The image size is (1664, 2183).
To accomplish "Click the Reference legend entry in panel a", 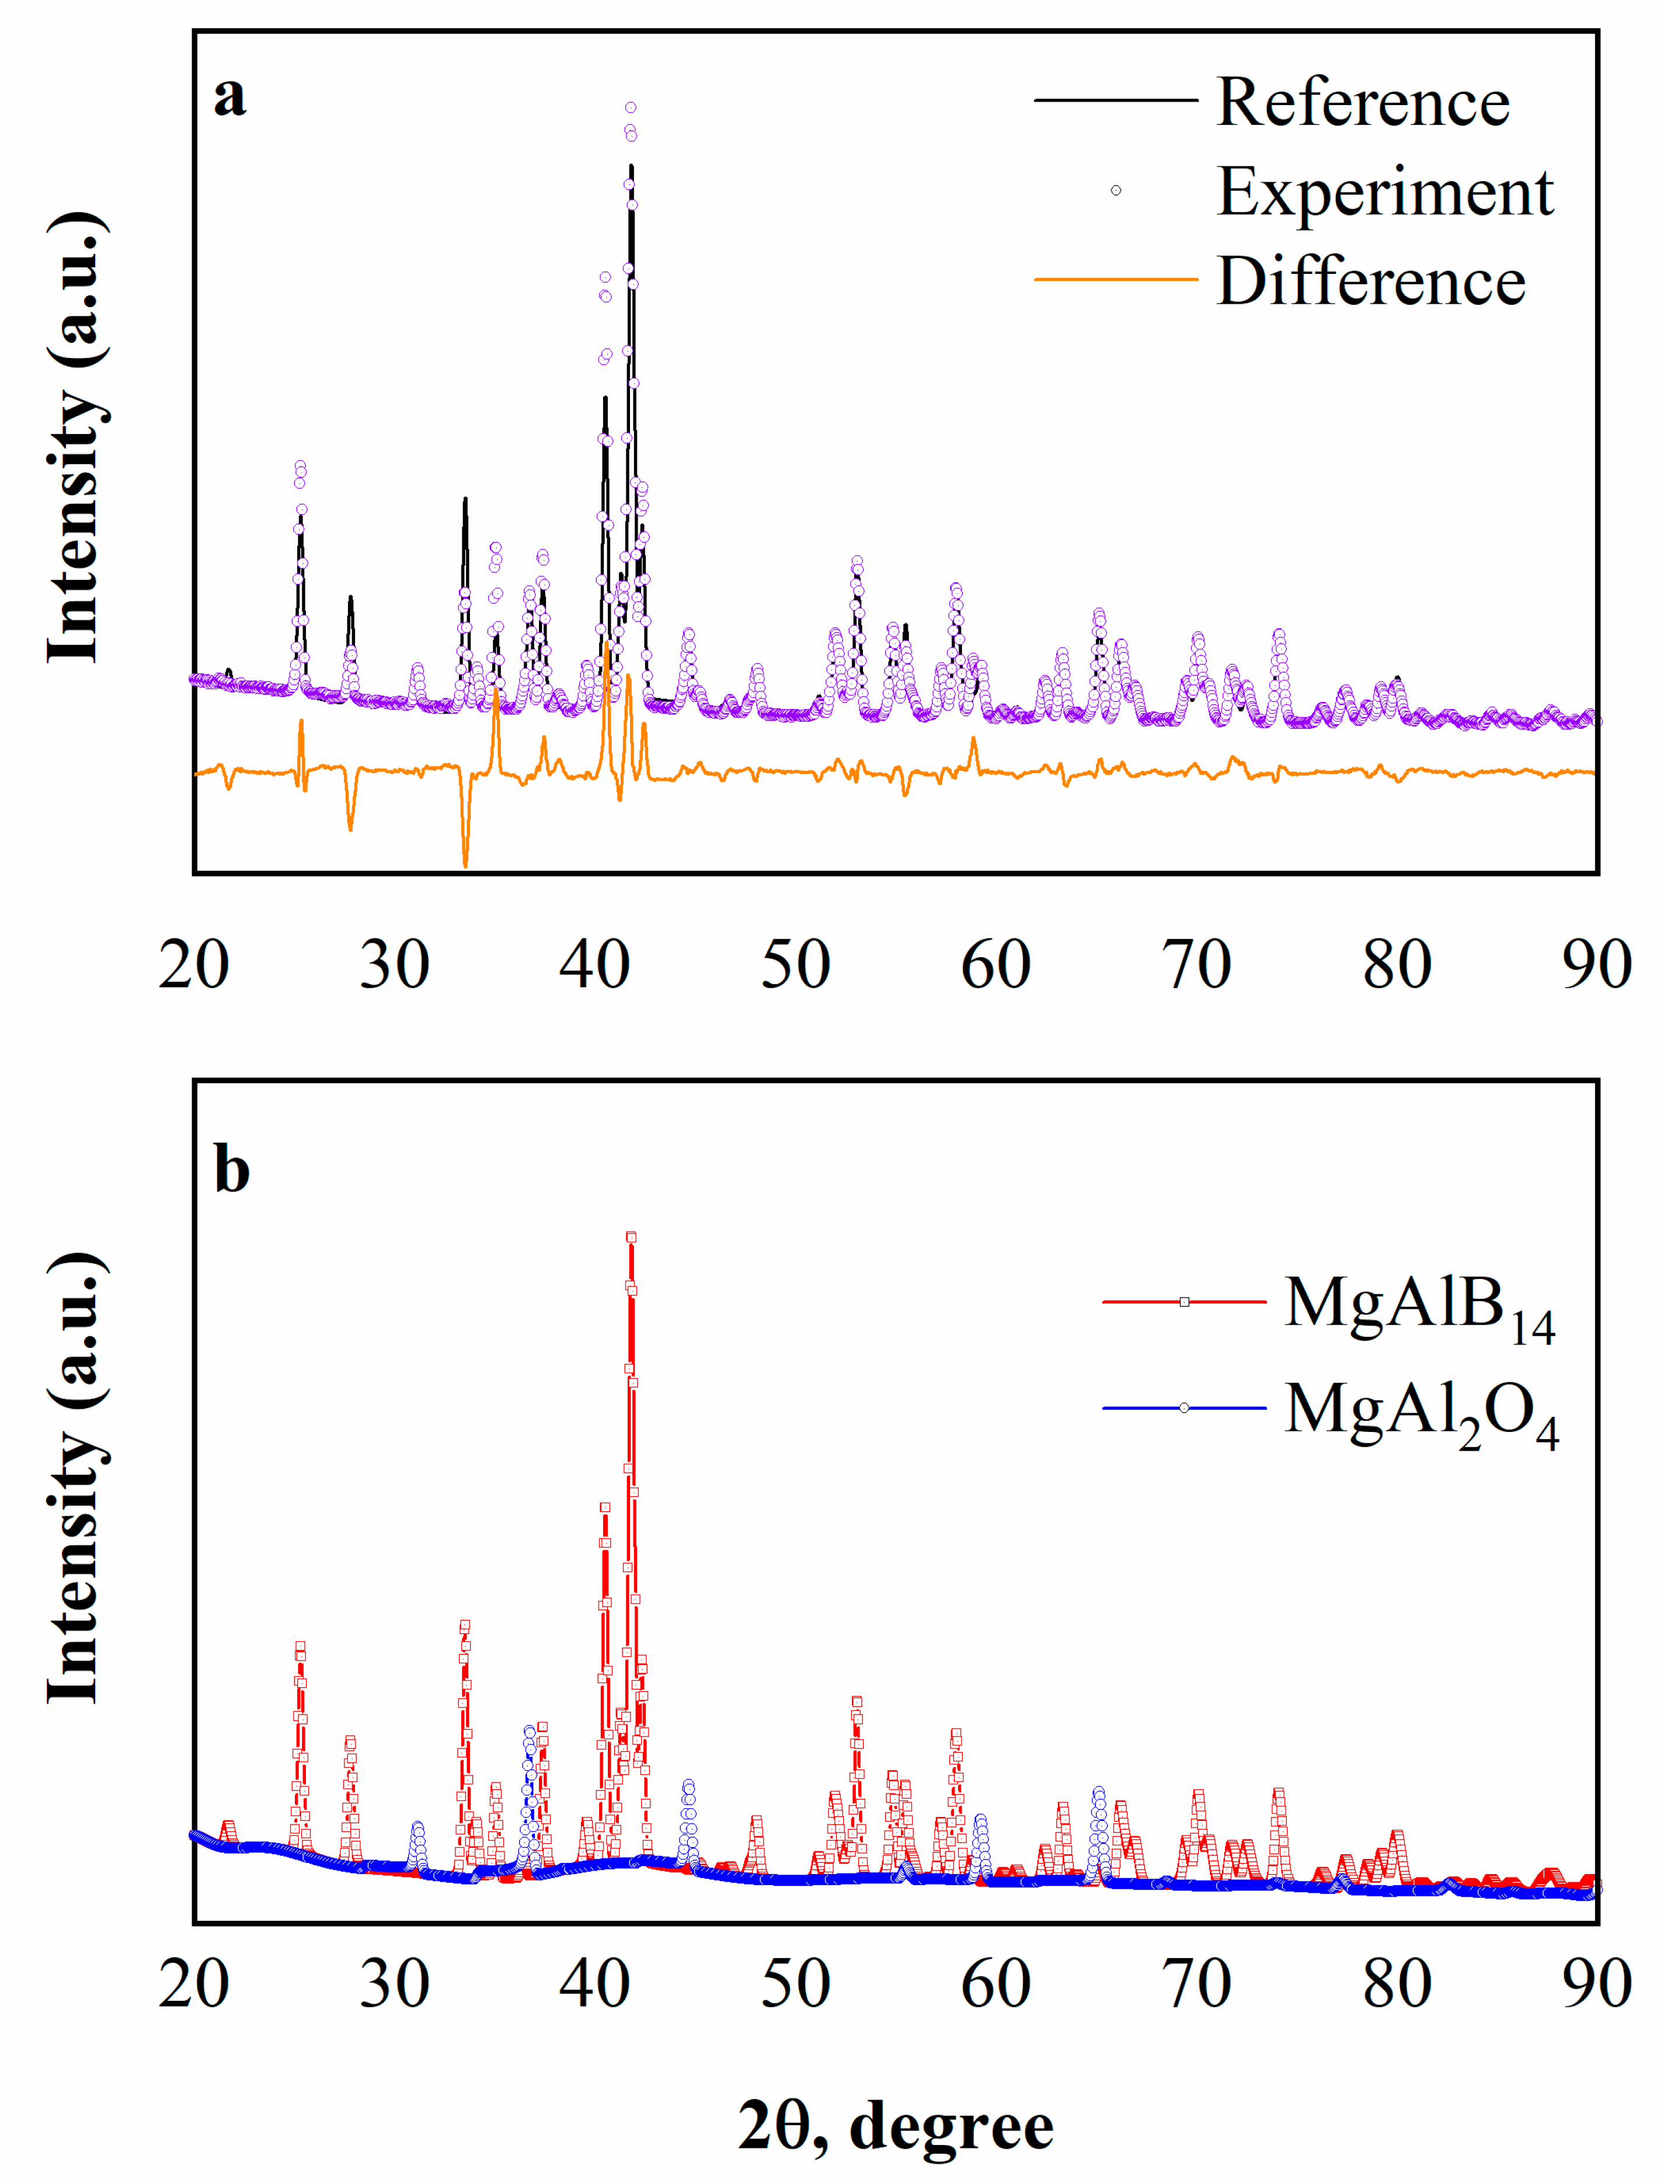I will [1362, 102].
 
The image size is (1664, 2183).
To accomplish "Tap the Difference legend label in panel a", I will [1371, 281].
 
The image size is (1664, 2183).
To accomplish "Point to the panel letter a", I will [230, 97].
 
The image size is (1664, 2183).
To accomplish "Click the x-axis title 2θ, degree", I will [896, 2126].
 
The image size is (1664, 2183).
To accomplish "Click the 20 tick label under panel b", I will [194, 1984].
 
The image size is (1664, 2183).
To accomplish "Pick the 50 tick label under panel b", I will [795, 1984].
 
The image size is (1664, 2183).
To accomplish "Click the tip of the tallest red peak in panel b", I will [631, 1237].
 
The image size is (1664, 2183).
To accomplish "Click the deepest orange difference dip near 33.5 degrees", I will [465, 864].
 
